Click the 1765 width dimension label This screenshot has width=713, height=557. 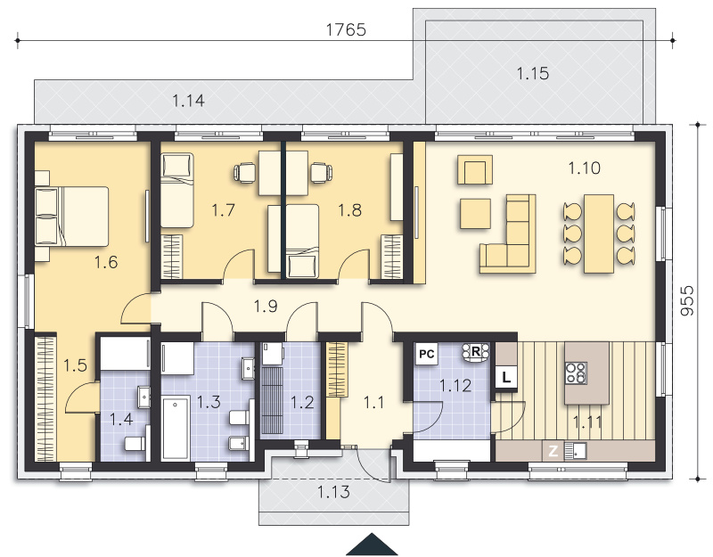point(346,29)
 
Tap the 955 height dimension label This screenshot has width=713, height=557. point(688,300)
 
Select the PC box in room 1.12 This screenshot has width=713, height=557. point(427,354)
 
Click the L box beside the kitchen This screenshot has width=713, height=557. point(506,377)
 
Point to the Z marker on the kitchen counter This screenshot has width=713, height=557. point(553,451)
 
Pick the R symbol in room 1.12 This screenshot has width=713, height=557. point(476,352)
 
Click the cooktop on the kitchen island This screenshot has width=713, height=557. point(576,373)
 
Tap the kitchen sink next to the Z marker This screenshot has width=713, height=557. point(576,451)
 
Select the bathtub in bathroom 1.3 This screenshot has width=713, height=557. point(176,428)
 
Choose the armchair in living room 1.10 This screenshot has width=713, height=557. point(475,169)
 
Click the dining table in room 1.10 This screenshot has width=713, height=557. point(599,233)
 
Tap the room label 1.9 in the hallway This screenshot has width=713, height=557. point(266,306)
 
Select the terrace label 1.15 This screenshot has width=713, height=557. point(532,73)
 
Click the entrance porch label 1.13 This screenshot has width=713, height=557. point(333,492)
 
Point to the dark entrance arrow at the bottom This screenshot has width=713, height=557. point(372,544)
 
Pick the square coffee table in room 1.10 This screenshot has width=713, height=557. point(475,214)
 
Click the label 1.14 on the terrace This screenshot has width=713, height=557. point(188,100)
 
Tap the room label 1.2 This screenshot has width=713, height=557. point(302,402)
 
